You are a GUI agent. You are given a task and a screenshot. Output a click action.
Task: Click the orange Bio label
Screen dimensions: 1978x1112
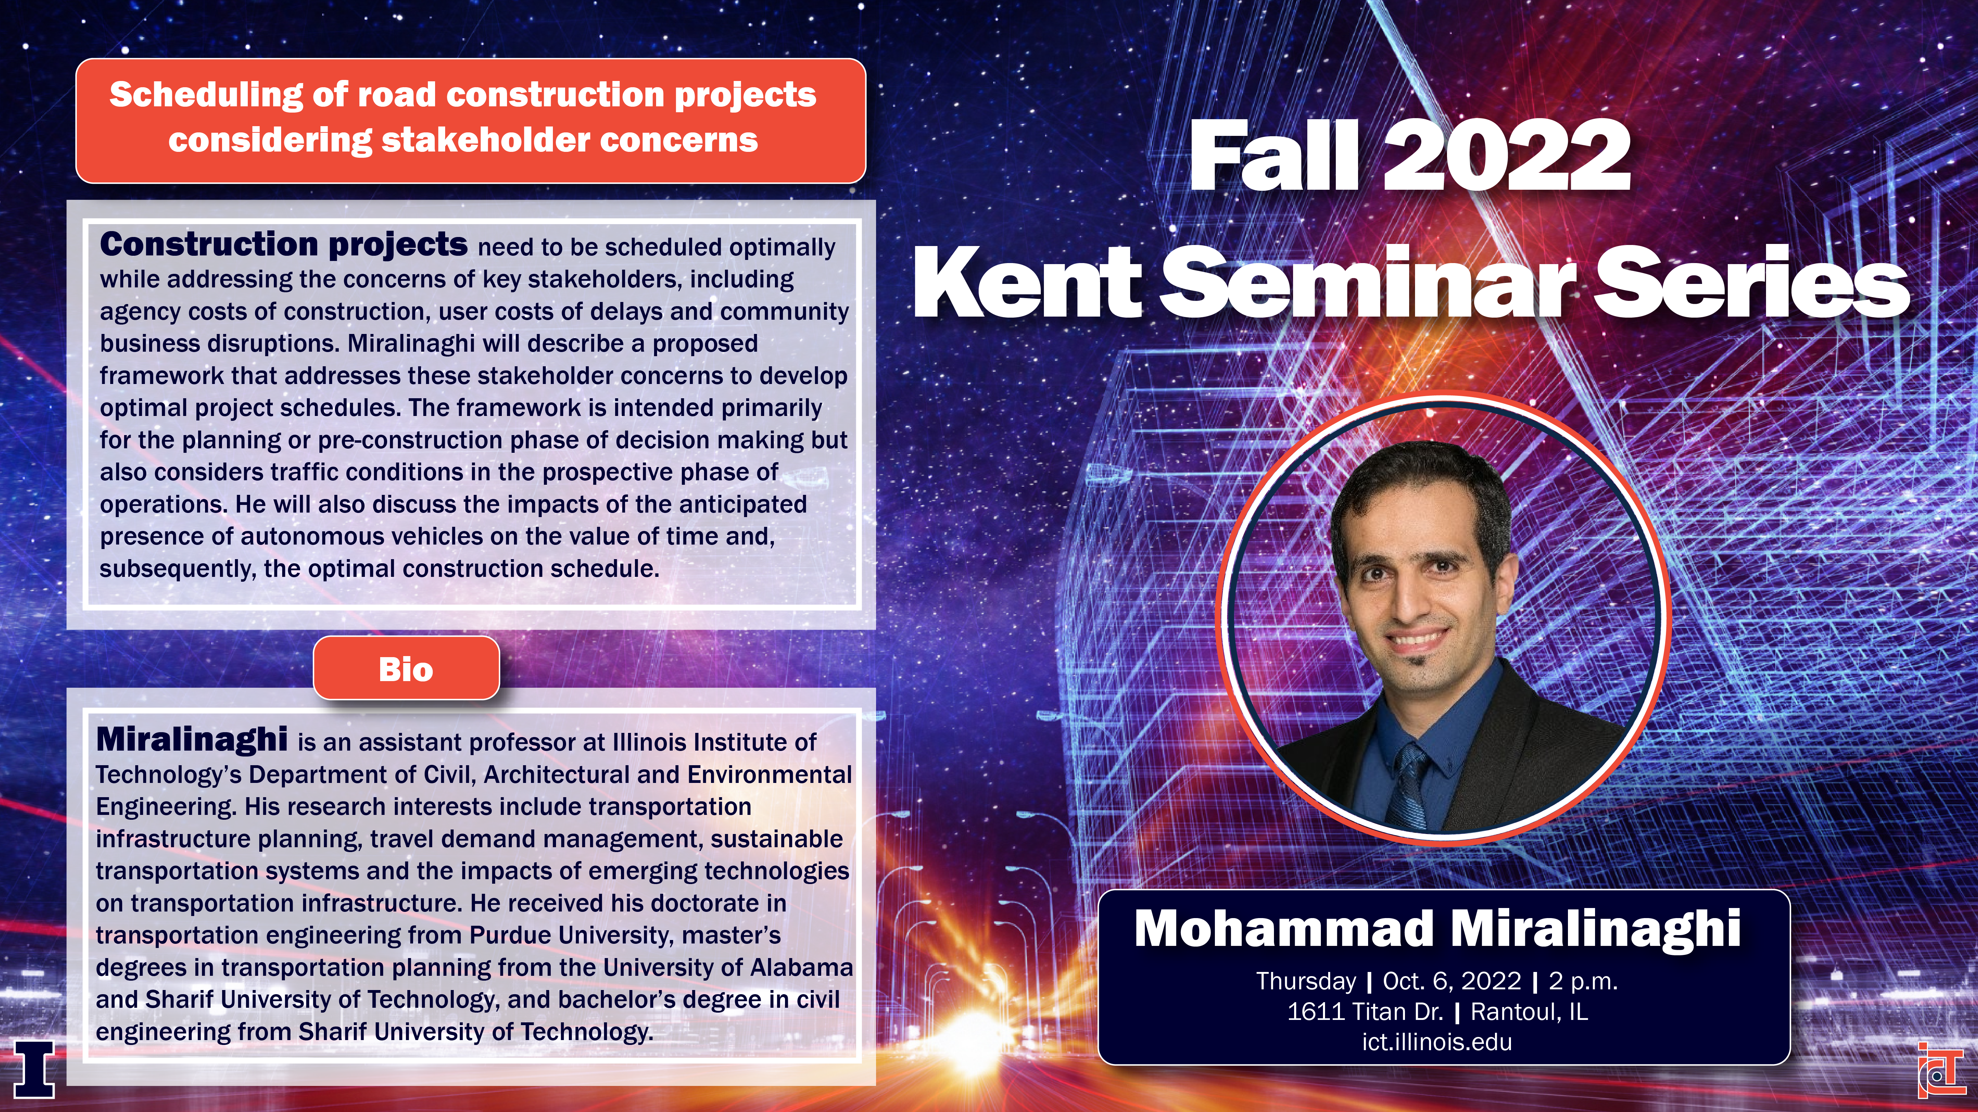point(406,668)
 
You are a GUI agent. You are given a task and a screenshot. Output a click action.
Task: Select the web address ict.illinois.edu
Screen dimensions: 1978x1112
point(1437,1042)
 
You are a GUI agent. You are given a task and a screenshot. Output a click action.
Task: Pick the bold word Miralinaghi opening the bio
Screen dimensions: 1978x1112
point(192,739)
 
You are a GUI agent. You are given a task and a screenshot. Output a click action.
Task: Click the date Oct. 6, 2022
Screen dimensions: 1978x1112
point(1451,981)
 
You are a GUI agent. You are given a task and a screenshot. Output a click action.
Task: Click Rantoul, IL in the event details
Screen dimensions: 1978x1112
point(1529,1012)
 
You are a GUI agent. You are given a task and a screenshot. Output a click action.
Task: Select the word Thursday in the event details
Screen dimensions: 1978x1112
point(1306,981)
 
